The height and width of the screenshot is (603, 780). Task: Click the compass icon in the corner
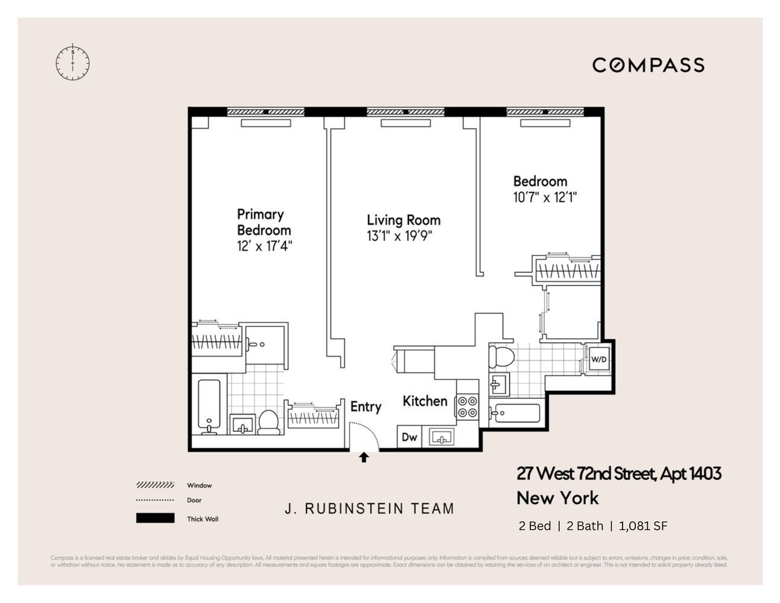(x=72, y=62)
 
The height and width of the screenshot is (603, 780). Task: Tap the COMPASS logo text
(x=648, y=65)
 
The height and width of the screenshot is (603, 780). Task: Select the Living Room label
(x=404, y=220)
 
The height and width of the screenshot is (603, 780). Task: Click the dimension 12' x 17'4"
(x=265, y=246)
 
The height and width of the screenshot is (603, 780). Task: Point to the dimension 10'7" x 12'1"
(x=545, y=197)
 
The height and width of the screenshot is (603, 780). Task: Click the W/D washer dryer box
(x=598, y=360)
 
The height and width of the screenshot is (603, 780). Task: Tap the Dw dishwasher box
(x=410, y=437)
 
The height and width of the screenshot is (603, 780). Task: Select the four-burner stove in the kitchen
(x=468, y=406)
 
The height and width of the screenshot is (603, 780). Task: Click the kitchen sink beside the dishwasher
(x=443, y=437)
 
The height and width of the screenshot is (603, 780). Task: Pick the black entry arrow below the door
(x=364, y=458)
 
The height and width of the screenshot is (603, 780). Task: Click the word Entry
(x=366, y=407)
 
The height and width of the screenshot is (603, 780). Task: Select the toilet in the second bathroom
(x=501, y=356)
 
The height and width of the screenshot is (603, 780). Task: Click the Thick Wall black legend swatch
(x=155, y=519)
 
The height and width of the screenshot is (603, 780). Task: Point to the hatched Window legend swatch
(x=155, y=485)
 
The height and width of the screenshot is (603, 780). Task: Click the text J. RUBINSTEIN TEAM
(x=369, y=508)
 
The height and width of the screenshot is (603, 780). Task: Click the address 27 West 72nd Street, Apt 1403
(x=618, y=474)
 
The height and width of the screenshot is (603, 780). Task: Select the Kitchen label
(x=425, y=401)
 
